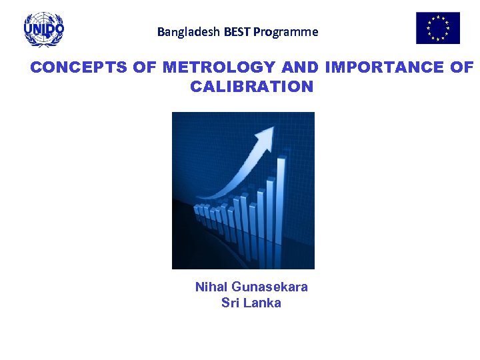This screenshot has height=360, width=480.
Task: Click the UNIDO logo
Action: click(x=44, y=29)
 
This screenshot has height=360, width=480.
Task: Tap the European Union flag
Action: click(x=438, y=28)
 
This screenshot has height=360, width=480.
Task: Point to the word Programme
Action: click(x=286, y=31)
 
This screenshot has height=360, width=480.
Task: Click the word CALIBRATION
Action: click(x=251, y=87)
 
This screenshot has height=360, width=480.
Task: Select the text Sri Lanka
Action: click(x=251, y=303)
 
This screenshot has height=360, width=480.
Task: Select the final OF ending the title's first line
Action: click(x=461, y=67)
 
